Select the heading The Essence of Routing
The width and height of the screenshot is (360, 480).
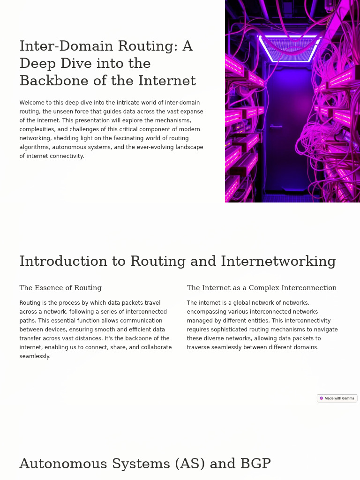point(60,288)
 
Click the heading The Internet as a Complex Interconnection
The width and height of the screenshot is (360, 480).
point(262,288)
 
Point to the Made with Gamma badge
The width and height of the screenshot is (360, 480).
point(337,398)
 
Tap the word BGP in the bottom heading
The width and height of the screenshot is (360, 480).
point(255,464)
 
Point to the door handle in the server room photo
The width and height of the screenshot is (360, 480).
point(276,126)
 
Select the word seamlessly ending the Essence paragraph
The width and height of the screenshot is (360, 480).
point(34,356)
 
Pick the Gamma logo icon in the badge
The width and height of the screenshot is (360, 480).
point(322,398)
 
